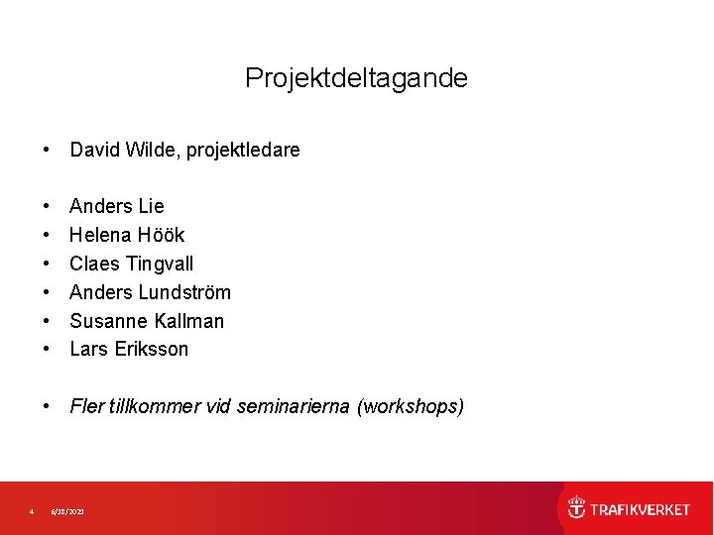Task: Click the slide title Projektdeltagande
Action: pyautogui.click(x=356, y=78)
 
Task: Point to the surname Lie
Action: pyautogui.click(x=152, y=206)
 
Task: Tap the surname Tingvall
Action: pyautogui.click(x=160, y=264)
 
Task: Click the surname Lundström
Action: pyautogui.click(x=184, y=292)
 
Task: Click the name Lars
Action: pyautogui.click(x=89, y=349)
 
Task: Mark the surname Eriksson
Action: pyautogui.click(x=151, y=349)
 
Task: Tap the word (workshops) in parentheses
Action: pyautogui.click(x=411, y=406)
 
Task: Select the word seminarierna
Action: pyautogui.click(x=295, y=406)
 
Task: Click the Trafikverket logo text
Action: pyautogui.click(x=640, y=509)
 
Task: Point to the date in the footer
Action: pyautogui.click(x=68, y=511)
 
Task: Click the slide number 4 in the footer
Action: pyautogui.click(x=32, y=511)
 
